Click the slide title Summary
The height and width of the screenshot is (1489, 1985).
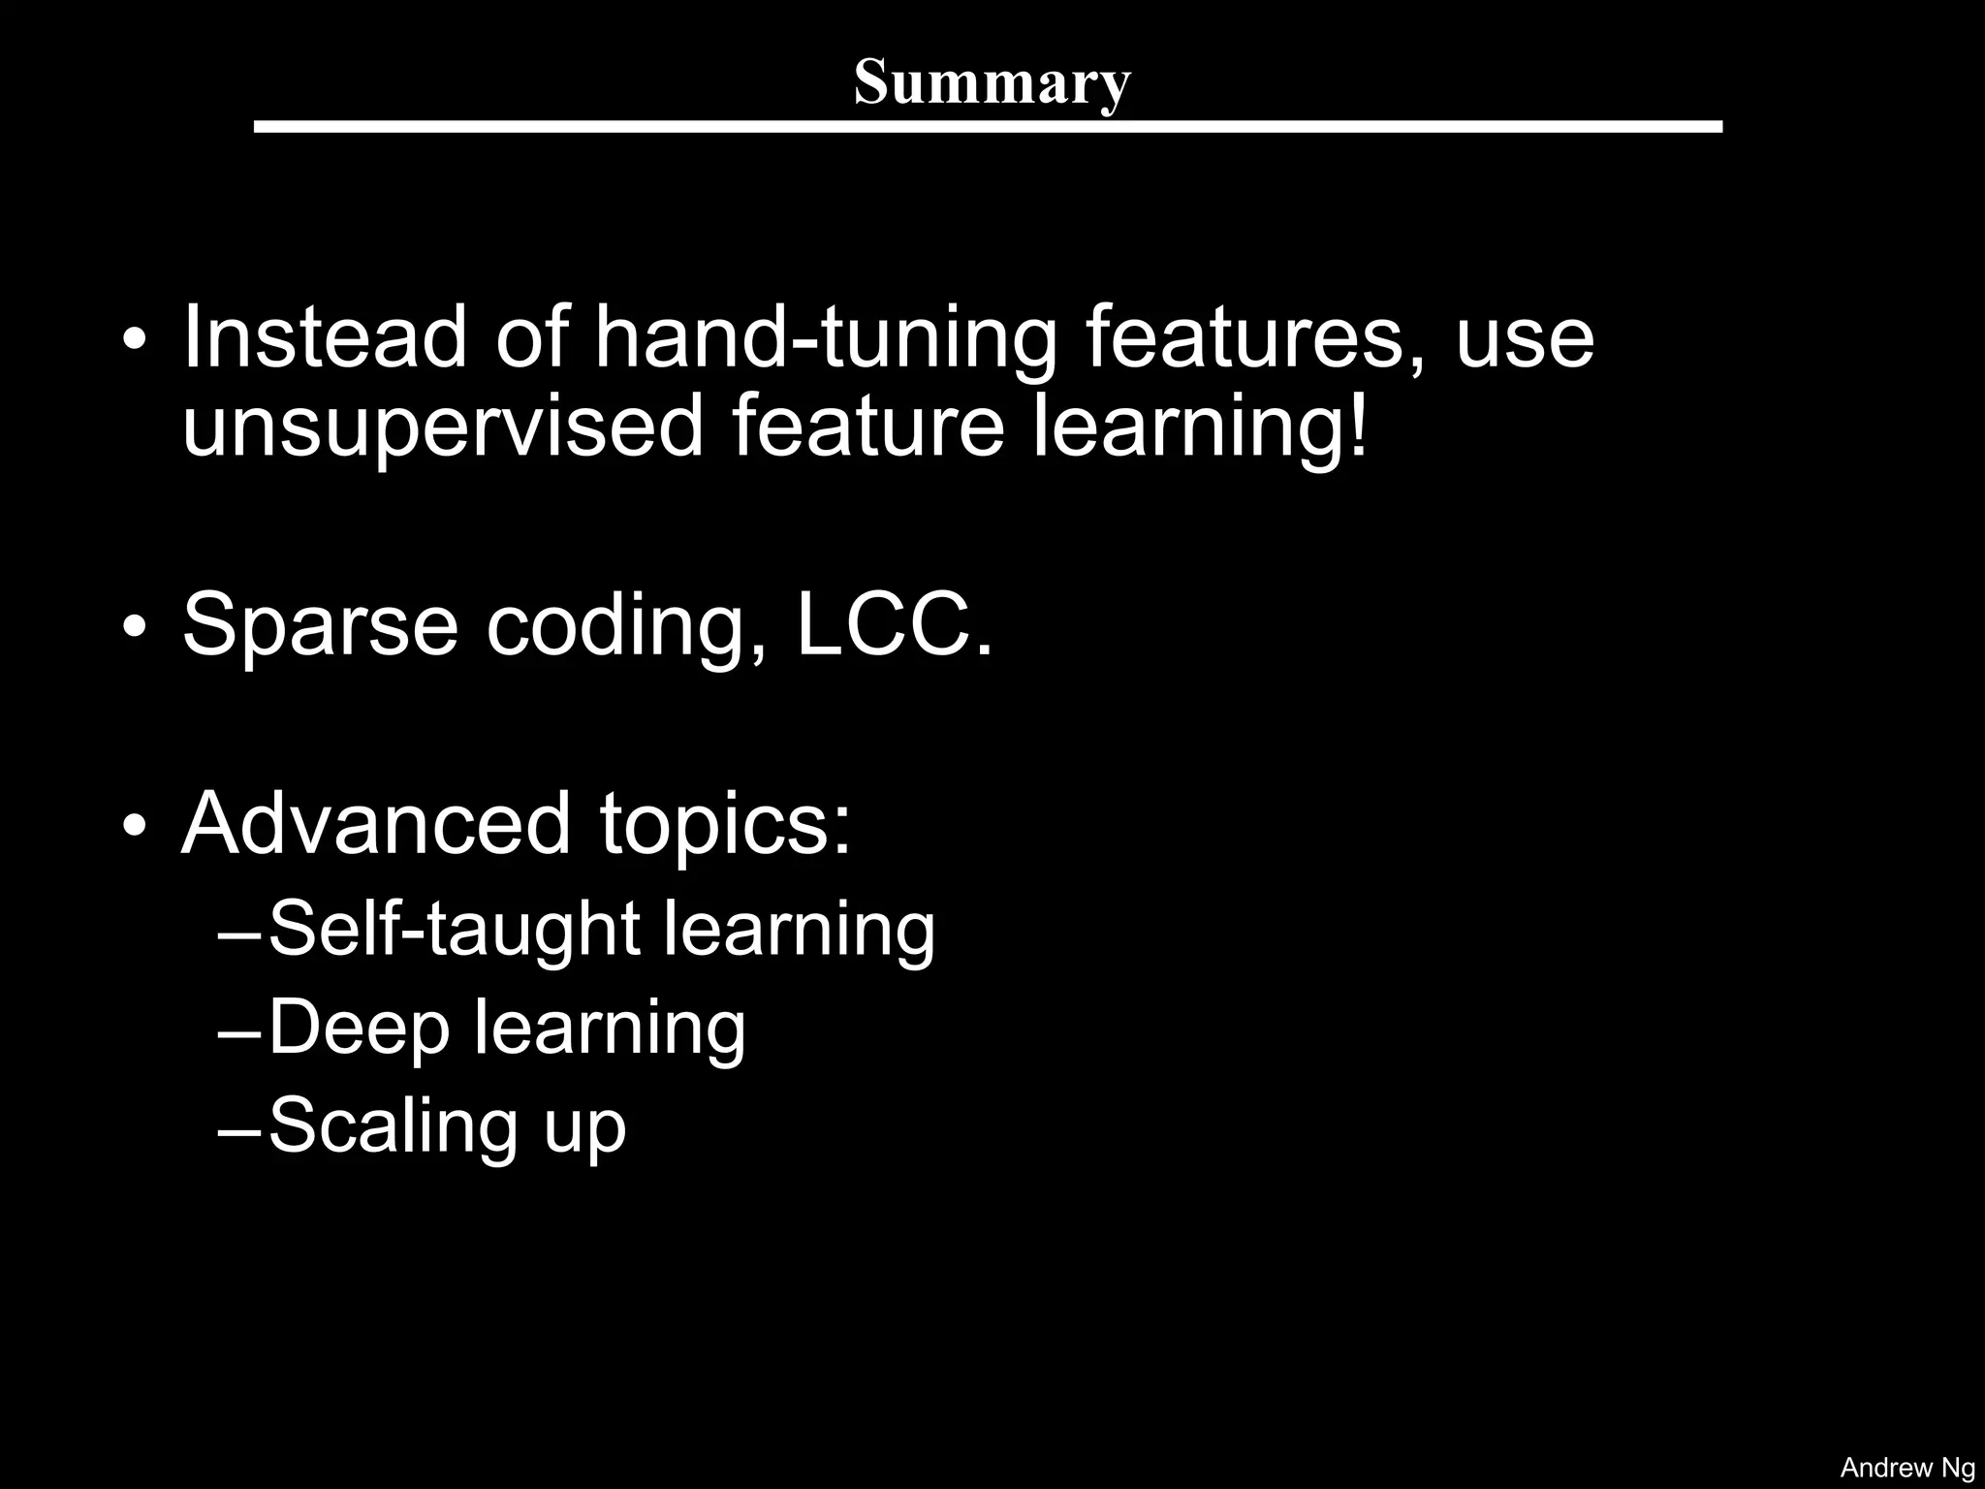pyautogui.click(x=992, y=82)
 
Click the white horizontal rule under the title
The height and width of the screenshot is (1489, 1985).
pyautogui.click(x=988, y=127)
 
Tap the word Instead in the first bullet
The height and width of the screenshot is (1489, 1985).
pyautogui.click(x=325, y=337)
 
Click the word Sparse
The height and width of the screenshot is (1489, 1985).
pyautogui.click(x=320, y=627)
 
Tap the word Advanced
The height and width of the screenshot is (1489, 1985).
pyautogui.click(x=376, y=824)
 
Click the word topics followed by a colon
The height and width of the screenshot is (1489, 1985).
pyautogui.click(x=725, y=826)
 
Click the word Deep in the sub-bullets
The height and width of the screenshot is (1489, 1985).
pyautogui.click(x=359, y=1029)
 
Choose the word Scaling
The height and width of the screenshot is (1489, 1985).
pyautogui.click(x=393, y=1127)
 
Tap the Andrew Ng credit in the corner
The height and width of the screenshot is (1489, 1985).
pyautogui.click(x=1906, y=1468)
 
